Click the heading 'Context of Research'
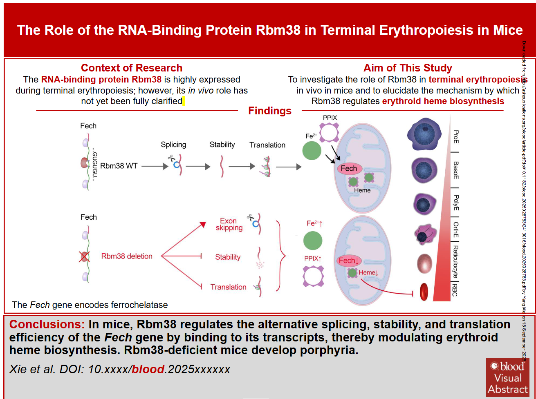point(131,68)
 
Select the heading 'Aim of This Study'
point(408,68)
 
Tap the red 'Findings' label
point(270,111)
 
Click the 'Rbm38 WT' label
point(118,166)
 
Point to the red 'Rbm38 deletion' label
point(127,256)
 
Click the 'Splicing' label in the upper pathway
point(173,145)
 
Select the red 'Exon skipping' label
point(229,224)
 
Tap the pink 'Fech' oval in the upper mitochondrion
point(349,168)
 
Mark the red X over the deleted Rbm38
point(84,256)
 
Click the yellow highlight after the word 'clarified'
point(184,101)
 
